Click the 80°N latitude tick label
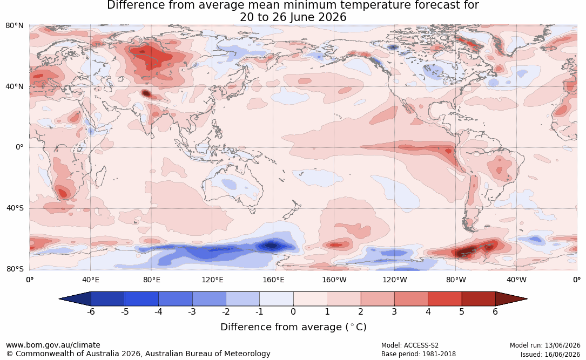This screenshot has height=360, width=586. click(14, 26)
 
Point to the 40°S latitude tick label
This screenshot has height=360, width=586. click(15, 208)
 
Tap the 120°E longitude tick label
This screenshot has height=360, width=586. click(212, 280)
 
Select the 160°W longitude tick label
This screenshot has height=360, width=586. click(334, 280)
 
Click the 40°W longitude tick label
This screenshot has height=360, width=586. click(516, 280)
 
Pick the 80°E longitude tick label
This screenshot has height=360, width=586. click(151, 280)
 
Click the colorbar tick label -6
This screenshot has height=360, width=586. click(91, 311)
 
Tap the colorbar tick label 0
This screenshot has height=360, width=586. click(293, 311)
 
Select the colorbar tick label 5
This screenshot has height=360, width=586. click(462, 311)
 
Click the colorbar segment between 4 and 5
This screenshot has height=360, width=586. click(444, 299)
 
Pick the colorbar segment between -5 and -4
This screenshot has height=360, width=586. click(142, 299)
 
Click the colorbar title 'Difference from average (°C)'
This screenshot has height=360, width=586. click(293, 327)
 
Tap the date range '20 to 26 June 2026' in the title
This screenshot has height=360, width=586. click(293, 17)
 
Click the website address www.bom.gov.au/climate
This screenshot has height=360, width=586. click(53, 345)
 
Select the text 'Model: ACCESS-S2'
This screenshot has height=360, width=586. click(410, 345)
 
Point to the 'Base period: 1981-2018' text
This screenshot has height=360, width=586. click(419, 354)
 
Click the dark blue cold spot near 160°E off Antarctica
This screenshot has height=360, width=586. click(272, 246)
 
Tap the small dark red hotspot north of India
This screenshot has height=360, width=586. click(146, 93)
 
